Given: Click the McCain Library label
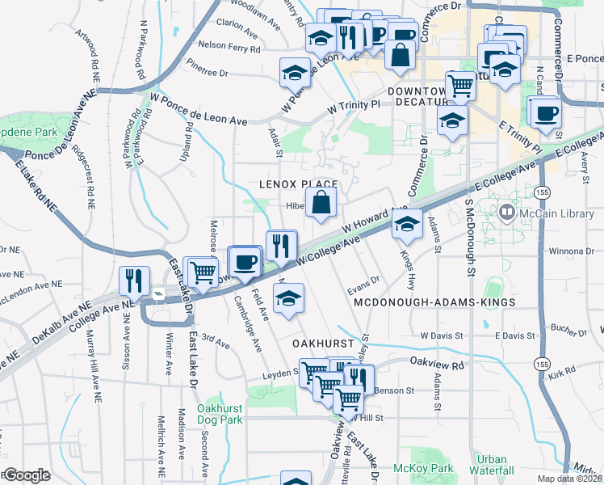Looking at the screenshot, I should (x=556, y=213).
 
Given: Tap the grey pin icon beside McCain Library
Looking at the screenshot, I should (x=507, y=213).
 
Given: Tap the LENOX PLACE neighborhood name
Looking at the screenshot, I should (x=297, y=184).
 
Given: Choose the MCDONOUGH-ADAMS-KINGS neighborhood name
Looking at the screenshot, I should (x=434, y=302).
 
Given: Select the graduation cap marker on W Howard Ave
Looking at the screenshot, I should (x=407, y=225).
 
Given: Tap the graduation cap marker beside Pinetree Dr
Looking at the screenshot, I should (x=295, y=73).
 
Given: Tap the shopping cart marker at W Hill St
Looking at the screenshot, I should (x=348, y=399).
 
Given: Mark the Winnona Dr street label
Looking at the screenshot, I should (x=574, y=250).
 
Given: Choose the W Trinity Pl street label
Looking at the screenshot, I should (x=353, y=106).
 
